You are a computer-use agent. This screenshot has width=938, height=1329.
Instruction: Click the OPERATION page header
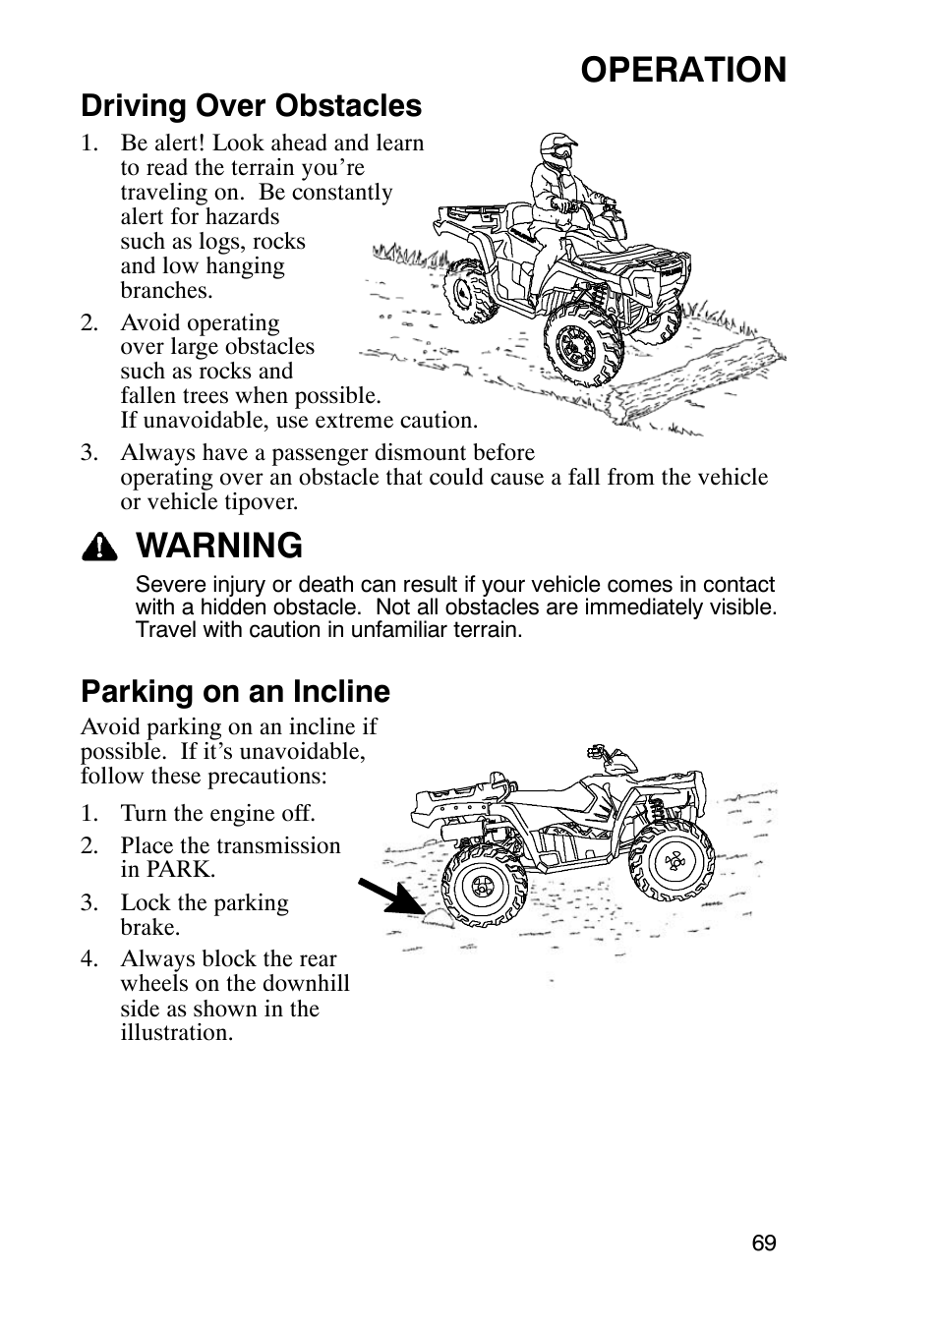[x=682, y=70]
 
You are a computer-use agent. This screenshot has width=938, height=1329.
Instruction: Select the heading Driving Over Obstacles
[x=251, y=105]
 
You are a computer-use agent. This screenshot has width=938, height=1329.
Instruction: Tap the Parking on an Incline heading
[x=235, y=691]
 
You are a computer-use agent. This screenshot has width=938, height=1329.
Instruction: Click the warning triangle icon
[x=99, y=548]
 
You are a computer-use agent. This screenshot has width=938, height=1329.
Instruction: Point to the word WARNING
[x=220, y=546]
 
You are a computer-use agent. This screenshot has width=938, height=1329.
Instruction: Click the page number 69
[x=764, y=1242]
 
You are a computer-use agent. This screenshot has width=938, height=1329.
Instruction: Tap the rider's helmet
[x=556, y=151]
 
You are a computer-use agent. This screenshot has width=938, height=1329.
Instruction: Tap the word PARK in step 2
[x=181, y=870]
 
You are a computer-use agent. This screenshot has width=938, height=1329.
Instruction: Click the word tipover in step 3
[x=260, y=501]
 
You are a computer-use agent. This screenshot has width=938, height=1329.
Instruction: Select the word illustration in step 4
[x=177, y=1032]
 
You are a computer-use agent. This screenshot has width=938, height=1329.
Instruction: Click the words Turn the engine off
[x=217, y=813]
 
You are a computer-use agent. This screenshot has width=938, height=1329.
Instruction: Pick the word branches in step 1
[x=165, y=290]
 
